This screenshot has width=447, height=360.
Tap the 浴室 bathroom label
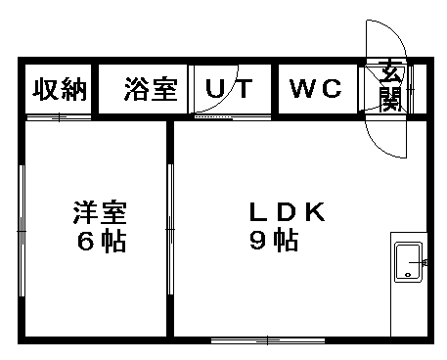pos(151,90)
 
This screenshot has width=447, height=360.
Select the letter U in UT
pos(213,90)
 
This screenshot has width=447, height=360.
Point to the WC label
pos(316,90)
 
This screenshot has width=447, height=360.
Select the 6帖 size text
pos(100,242)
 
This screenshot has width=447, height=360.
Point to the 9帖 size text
pos(273,242)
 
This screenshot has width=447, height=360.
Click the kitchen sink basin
pos(407,262)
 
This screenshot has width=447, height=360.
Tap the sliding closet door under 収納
pos(59,118)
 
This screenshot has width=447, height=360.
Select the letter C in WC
pos(331,90)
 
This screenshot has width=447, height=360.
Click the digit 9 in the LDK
pos(258,242)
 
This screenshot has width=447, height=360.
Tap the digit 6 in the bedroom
pos(85,242)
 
